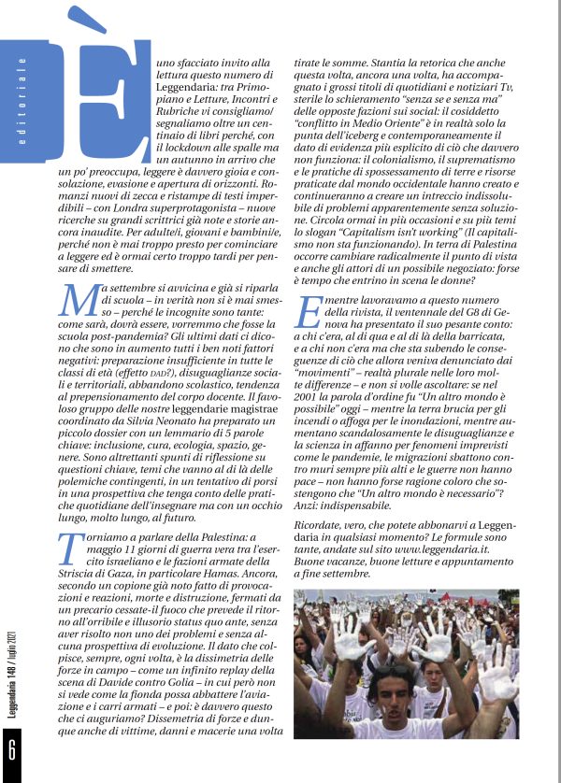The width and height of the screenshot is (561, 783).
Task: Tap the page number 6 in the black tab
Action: [x=12, y=748]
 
